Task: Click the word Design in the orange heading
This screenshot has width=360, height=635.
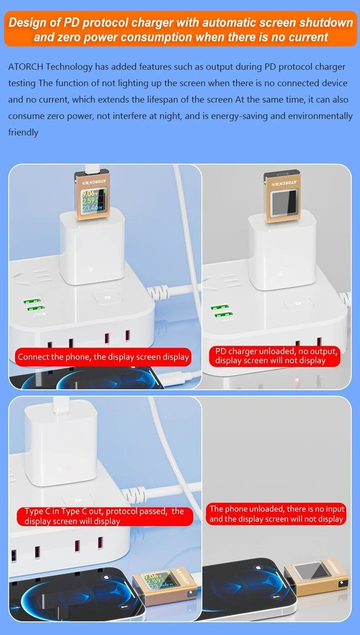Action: coord(25,23)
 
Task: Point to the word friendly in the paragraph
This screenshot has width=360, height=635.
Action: coord(23,133)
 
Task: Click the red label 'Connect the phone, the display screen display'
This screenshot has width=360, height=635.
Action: coord(103,357)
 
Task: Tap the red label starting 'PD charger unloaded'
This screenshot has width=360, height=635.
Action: coord(276,356)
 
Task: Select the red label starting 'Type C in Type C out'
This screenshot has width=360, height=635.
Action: coord(104,516)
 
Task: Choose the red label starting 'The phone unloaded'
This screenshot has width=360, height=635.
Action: coord(277,514)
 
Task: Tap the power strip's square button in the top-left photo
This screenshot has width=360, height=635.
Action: coord(108,298)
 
